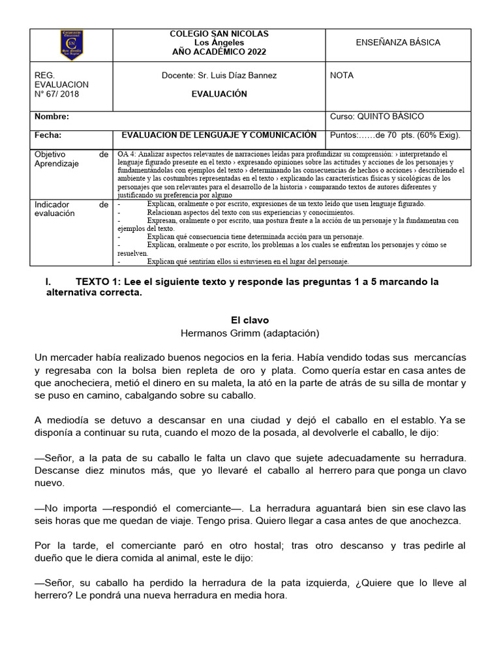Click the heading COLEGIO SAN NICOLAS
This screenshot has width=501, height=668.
(219, 33)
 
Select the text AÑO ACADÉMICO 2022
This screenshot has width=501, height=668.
(219, 52)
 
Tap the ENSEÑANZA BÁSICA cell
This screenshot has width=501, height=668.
(397, 42)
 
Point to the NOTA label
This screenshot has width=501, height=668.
(342, 76)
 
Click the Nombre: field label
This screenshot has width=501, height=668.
(52, 117)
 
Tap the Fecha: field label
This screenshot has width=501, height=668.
(48, 135)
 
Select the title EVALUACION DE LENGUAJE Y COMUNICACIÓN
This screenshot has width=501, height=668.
(219, 135)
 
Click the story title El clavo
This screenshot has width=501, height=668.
(250, 320)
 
